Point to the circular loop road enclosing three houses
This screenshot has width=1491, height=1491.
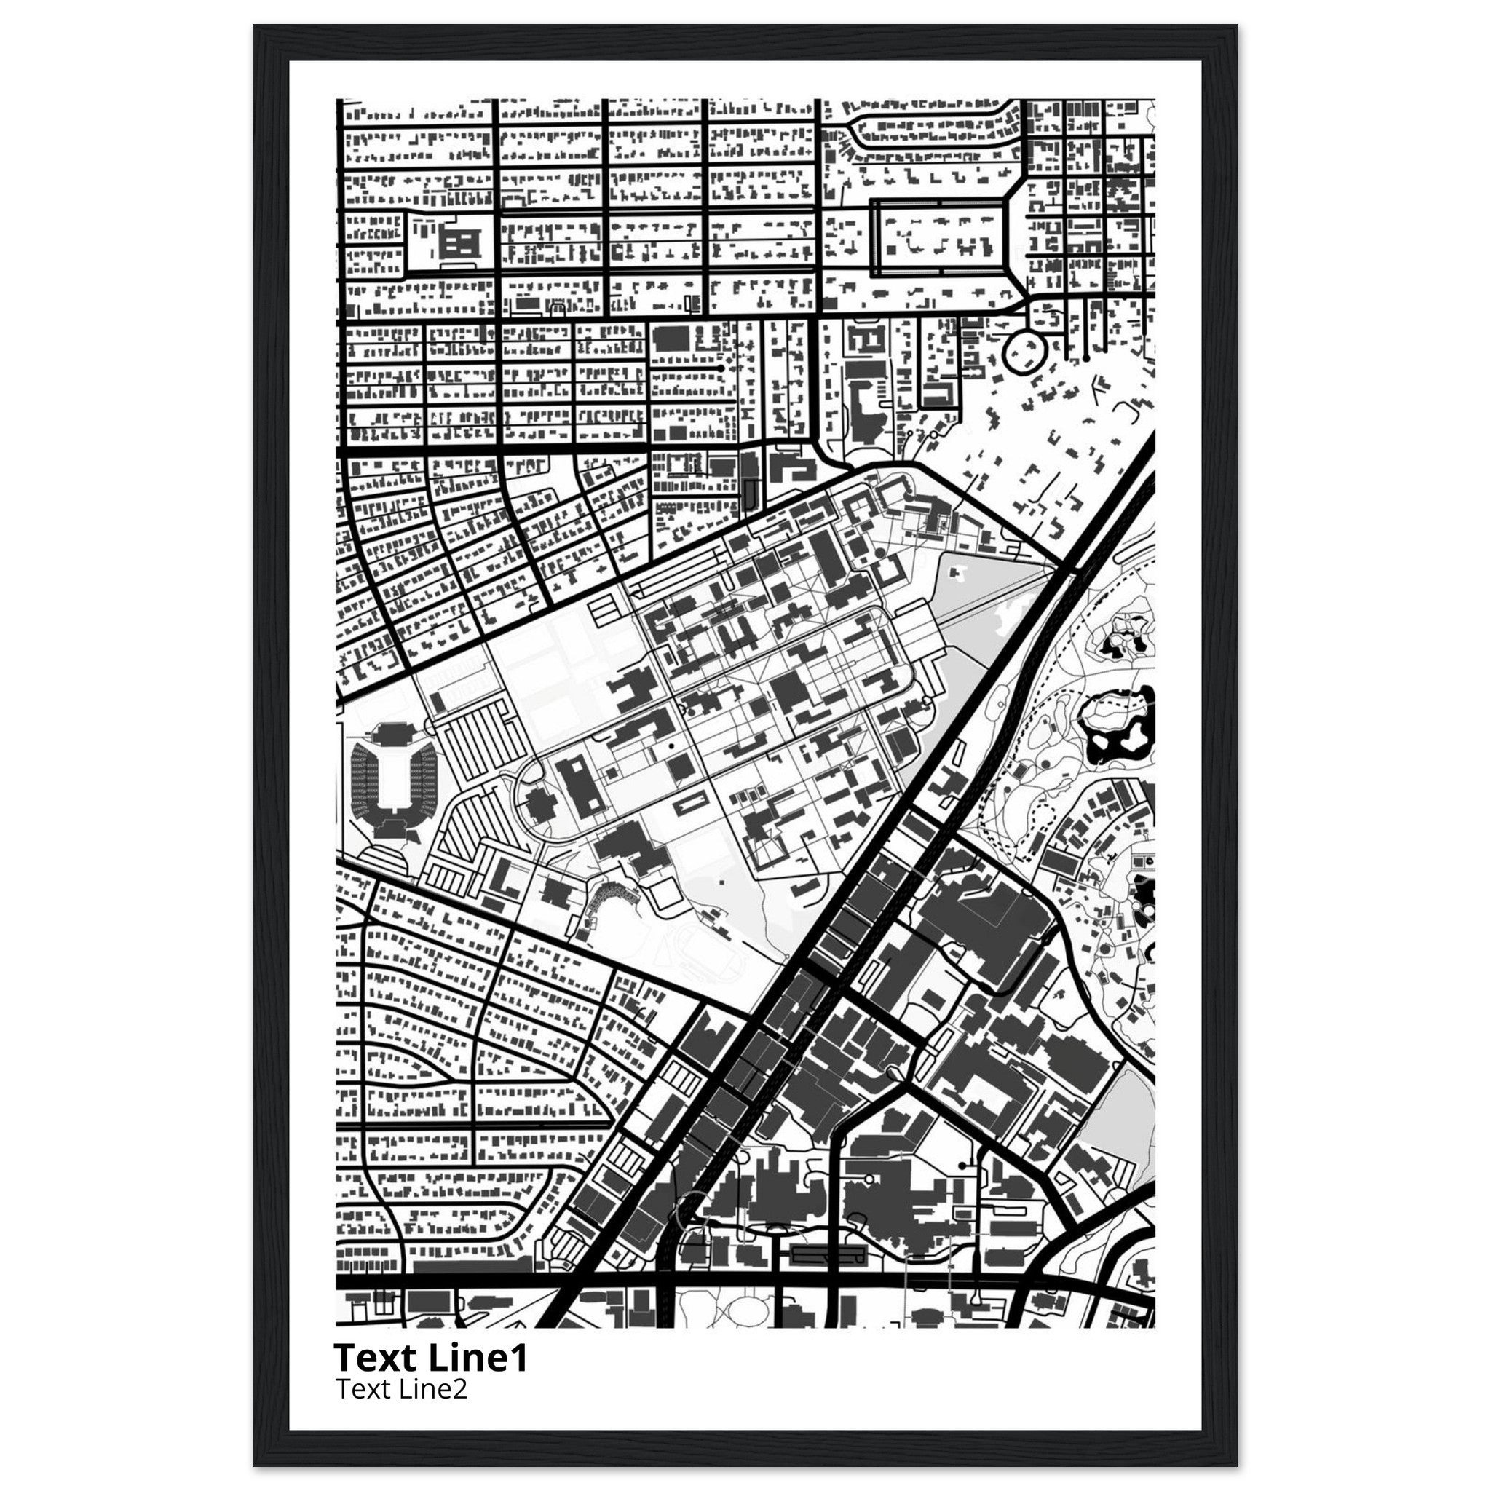1024,352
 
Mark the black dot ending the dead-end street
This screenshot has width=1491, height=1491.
721,369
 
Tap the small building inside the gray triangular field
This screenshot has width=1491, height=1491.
958,573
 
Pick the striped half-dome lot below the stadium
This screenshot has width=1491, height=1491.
385,860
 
